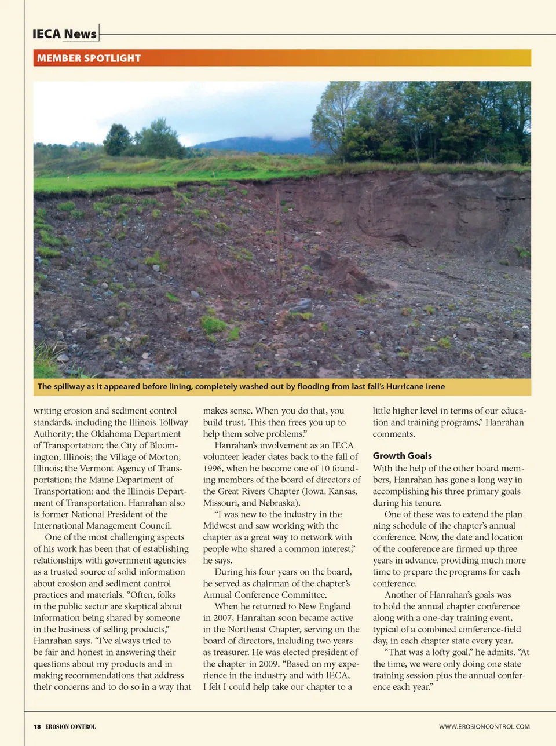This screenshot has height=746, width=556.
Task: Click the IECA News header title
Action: click(x=64, y=34)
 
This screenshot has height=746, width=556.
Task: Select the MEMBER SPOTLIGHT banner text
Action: click(x=89, y=58)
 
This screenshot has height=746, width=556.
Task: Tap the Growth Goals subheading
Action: click(x=402, y=456)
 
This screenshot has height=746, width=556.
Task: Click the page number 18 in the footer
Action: click(x=37, y=726)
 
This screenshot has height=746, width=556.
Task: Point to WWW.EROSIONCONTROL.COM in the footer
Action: click(x=484, y=726)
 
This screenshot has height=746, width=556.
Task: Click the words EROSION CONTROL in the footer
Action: click(x=71, y=726)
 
